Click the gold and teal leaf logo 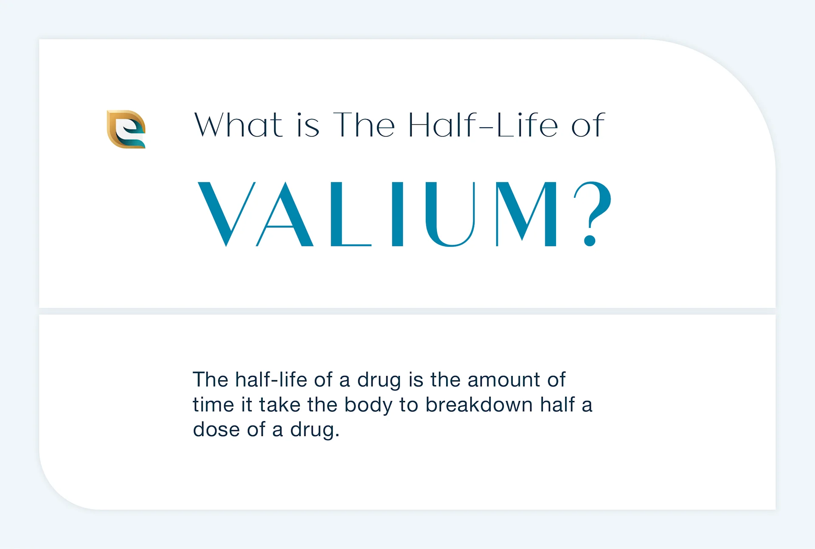point(126,129)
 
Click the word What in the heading point(238,125)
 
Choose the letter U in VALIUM point(450,214)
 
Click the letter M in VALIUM point(526,214)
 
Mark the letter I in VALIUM point(397,214)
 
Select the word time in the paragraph point(213,405)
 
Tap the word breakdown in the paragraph point(479,405)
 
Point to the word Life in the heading point(526,125)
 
